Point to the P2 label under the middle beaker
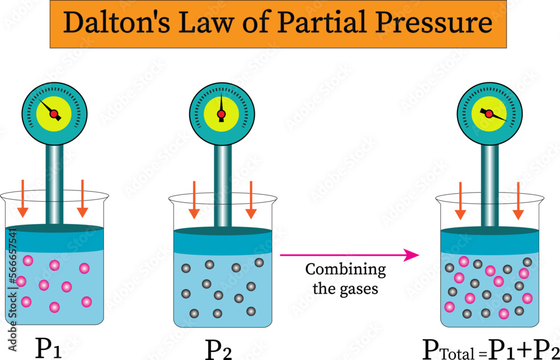coord(219,349)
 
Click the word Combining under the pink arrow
coord(346,270)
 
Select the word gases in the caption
coord(361,289)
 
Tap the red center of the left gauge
coord(54,114)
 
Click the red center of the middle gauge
coord(221,114)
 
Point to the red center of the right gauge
coord(489,114)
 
